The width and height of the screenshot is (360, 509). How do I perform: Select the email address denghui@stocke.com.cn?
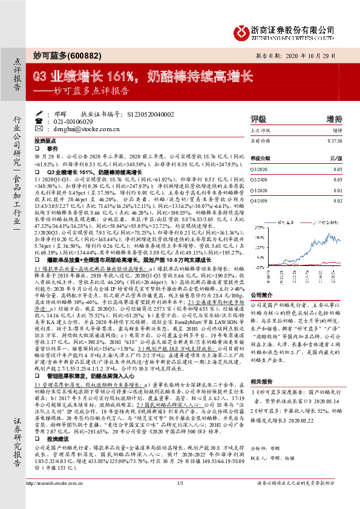(x=72, y=129)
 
